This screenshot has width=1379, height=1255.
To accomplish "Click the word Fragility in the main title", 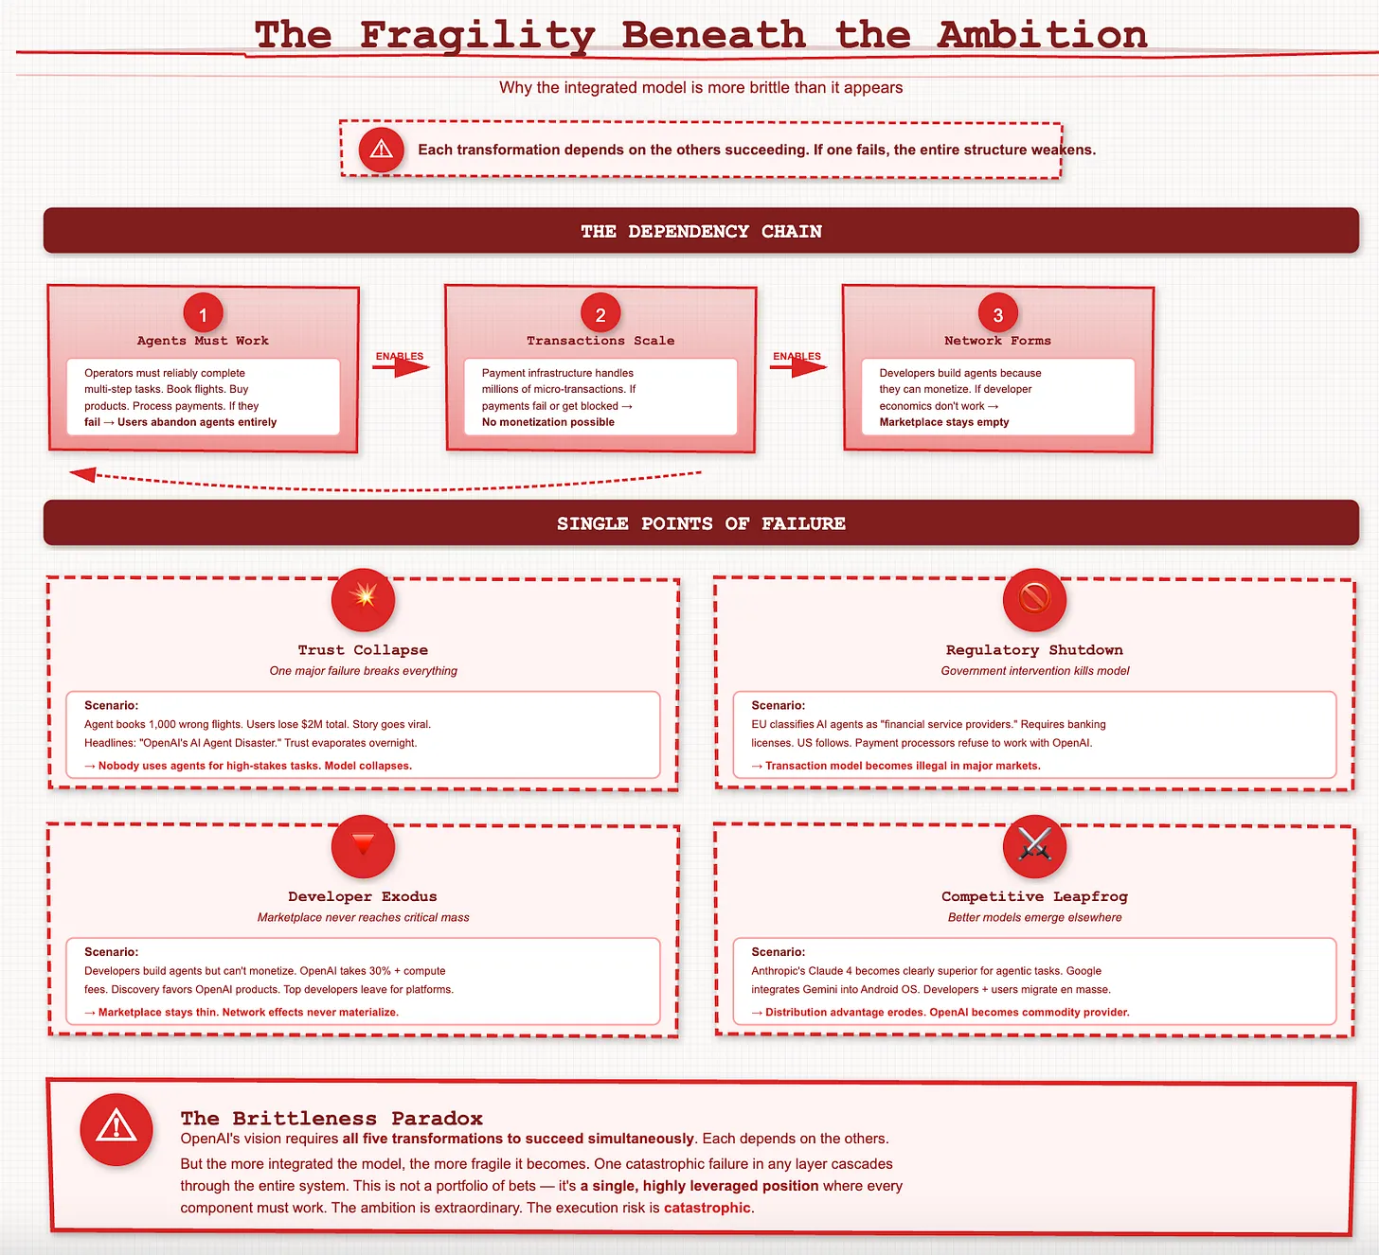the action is point(477,36).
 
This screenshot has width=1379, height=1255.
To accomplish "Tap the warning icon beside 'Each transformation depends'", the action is point(381,150).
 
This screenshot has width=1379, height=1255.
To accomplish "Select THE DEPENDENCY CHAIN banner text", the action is point(701,231).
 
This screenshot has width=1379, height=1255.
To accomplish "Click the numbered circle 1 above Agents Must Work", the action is point(203,313).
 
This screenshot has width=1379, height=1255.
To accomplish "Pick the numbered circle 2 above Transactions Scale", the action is point(600,313).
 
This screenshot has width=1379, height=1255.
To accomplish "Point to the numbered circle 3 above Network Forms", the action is point(997,313).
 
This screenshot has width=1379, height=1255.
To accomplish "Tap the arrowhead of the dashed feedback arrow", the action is point(81,474).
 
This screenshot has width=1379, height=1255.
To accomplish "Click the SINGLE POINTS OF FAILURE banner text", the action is point(701,523).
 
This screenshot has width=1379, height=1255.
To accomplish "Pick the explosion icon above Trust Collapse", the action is point(363,599).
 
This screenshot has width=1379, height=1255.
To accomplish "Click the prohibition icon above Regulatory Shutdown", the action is point(1034,599).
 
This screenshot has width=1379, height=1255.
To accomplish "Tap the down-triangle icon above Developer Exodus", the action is point(363,846).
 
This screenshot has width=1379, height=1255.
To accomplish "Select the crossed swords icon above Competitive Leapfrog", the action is point(1034,846).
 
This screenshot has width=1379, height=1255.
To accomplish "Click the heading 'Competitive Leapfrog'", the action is point(1034,896).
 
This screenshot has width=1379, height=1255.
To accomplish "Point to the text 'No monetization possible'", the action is point(547,422).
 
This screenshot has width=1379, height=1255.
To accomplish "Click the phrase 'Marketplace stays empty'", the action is point(944,422).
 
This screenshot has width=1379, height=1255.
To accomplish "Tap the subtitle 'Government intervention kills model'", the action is point(1034,671).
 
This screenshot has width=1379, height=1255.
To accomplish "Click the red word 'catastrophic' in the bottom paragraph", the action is point(707,1208).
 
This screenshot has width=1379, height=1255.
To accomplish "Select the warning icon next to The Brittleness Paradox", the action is point(116,1129).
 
